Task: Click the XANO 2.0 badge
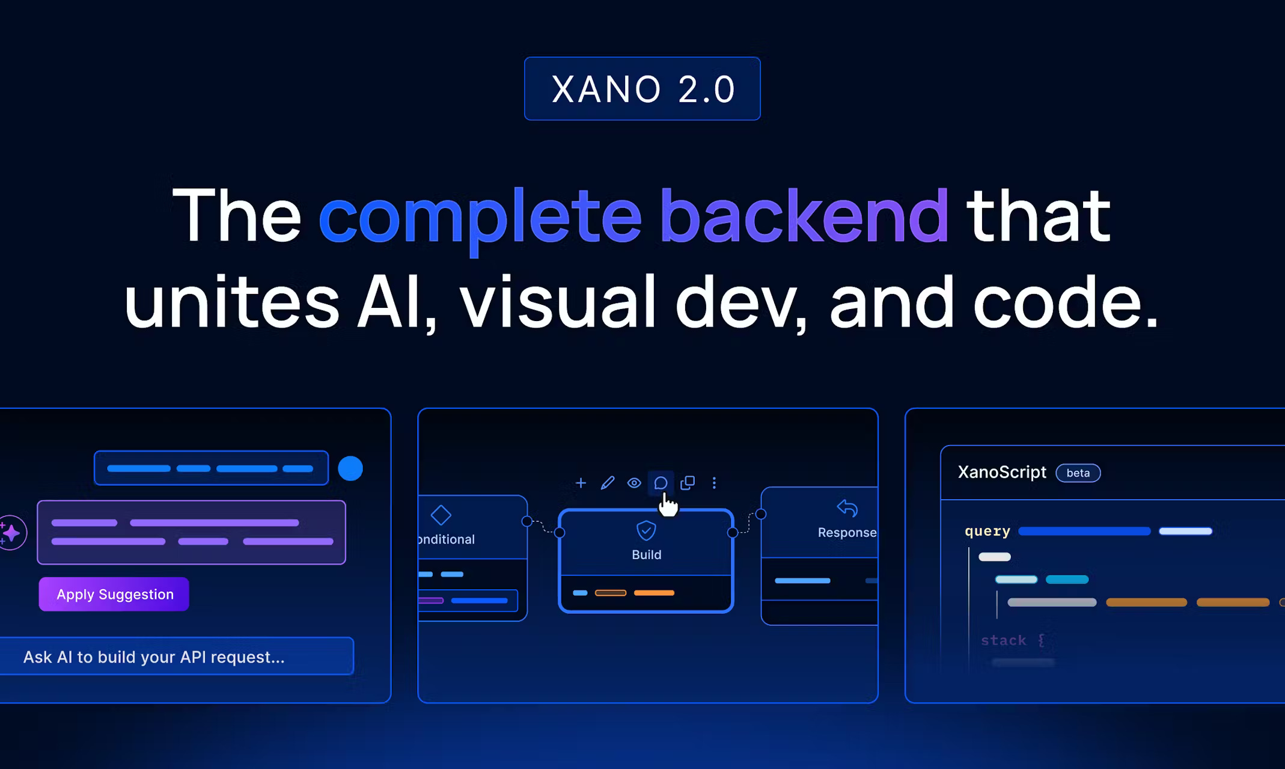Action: click(x=642, y=89)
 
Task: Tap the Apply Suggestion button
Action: click(x=114, y=594)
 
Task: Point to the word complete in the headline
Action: click(x=480, y=216)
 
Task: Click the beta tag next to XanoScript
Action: click(x=1078, y=473)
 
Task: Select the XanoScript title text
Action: click(x=1001, y=473)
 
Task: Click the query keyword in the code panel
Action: click(x=987, y=531)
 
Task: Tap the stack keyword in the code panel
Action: click(x=1003, y=640)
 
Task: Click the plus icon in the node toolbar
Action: click(x=581, y=483)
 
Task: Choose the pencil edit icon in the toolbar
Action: click(x=608, y=483)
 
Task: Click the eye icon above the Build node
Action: click(x=634, y=483)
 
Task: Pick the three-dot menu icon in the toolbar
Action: click(x=714, y=483)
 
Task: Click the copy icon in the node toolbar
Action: click(x=688, y=483)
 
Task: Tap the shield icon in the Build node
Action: click(x=646, y=530)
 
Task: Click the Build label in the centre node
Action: click(x=646, y=554)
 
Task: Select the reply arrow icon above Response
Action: click(x=847, y=508)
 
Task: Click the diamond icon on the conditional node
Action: click(x=441, y=515)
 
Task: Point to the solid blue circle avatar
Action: click(x=350, y=468)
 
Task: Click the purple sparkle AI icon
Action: click(x=11, y=533)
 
